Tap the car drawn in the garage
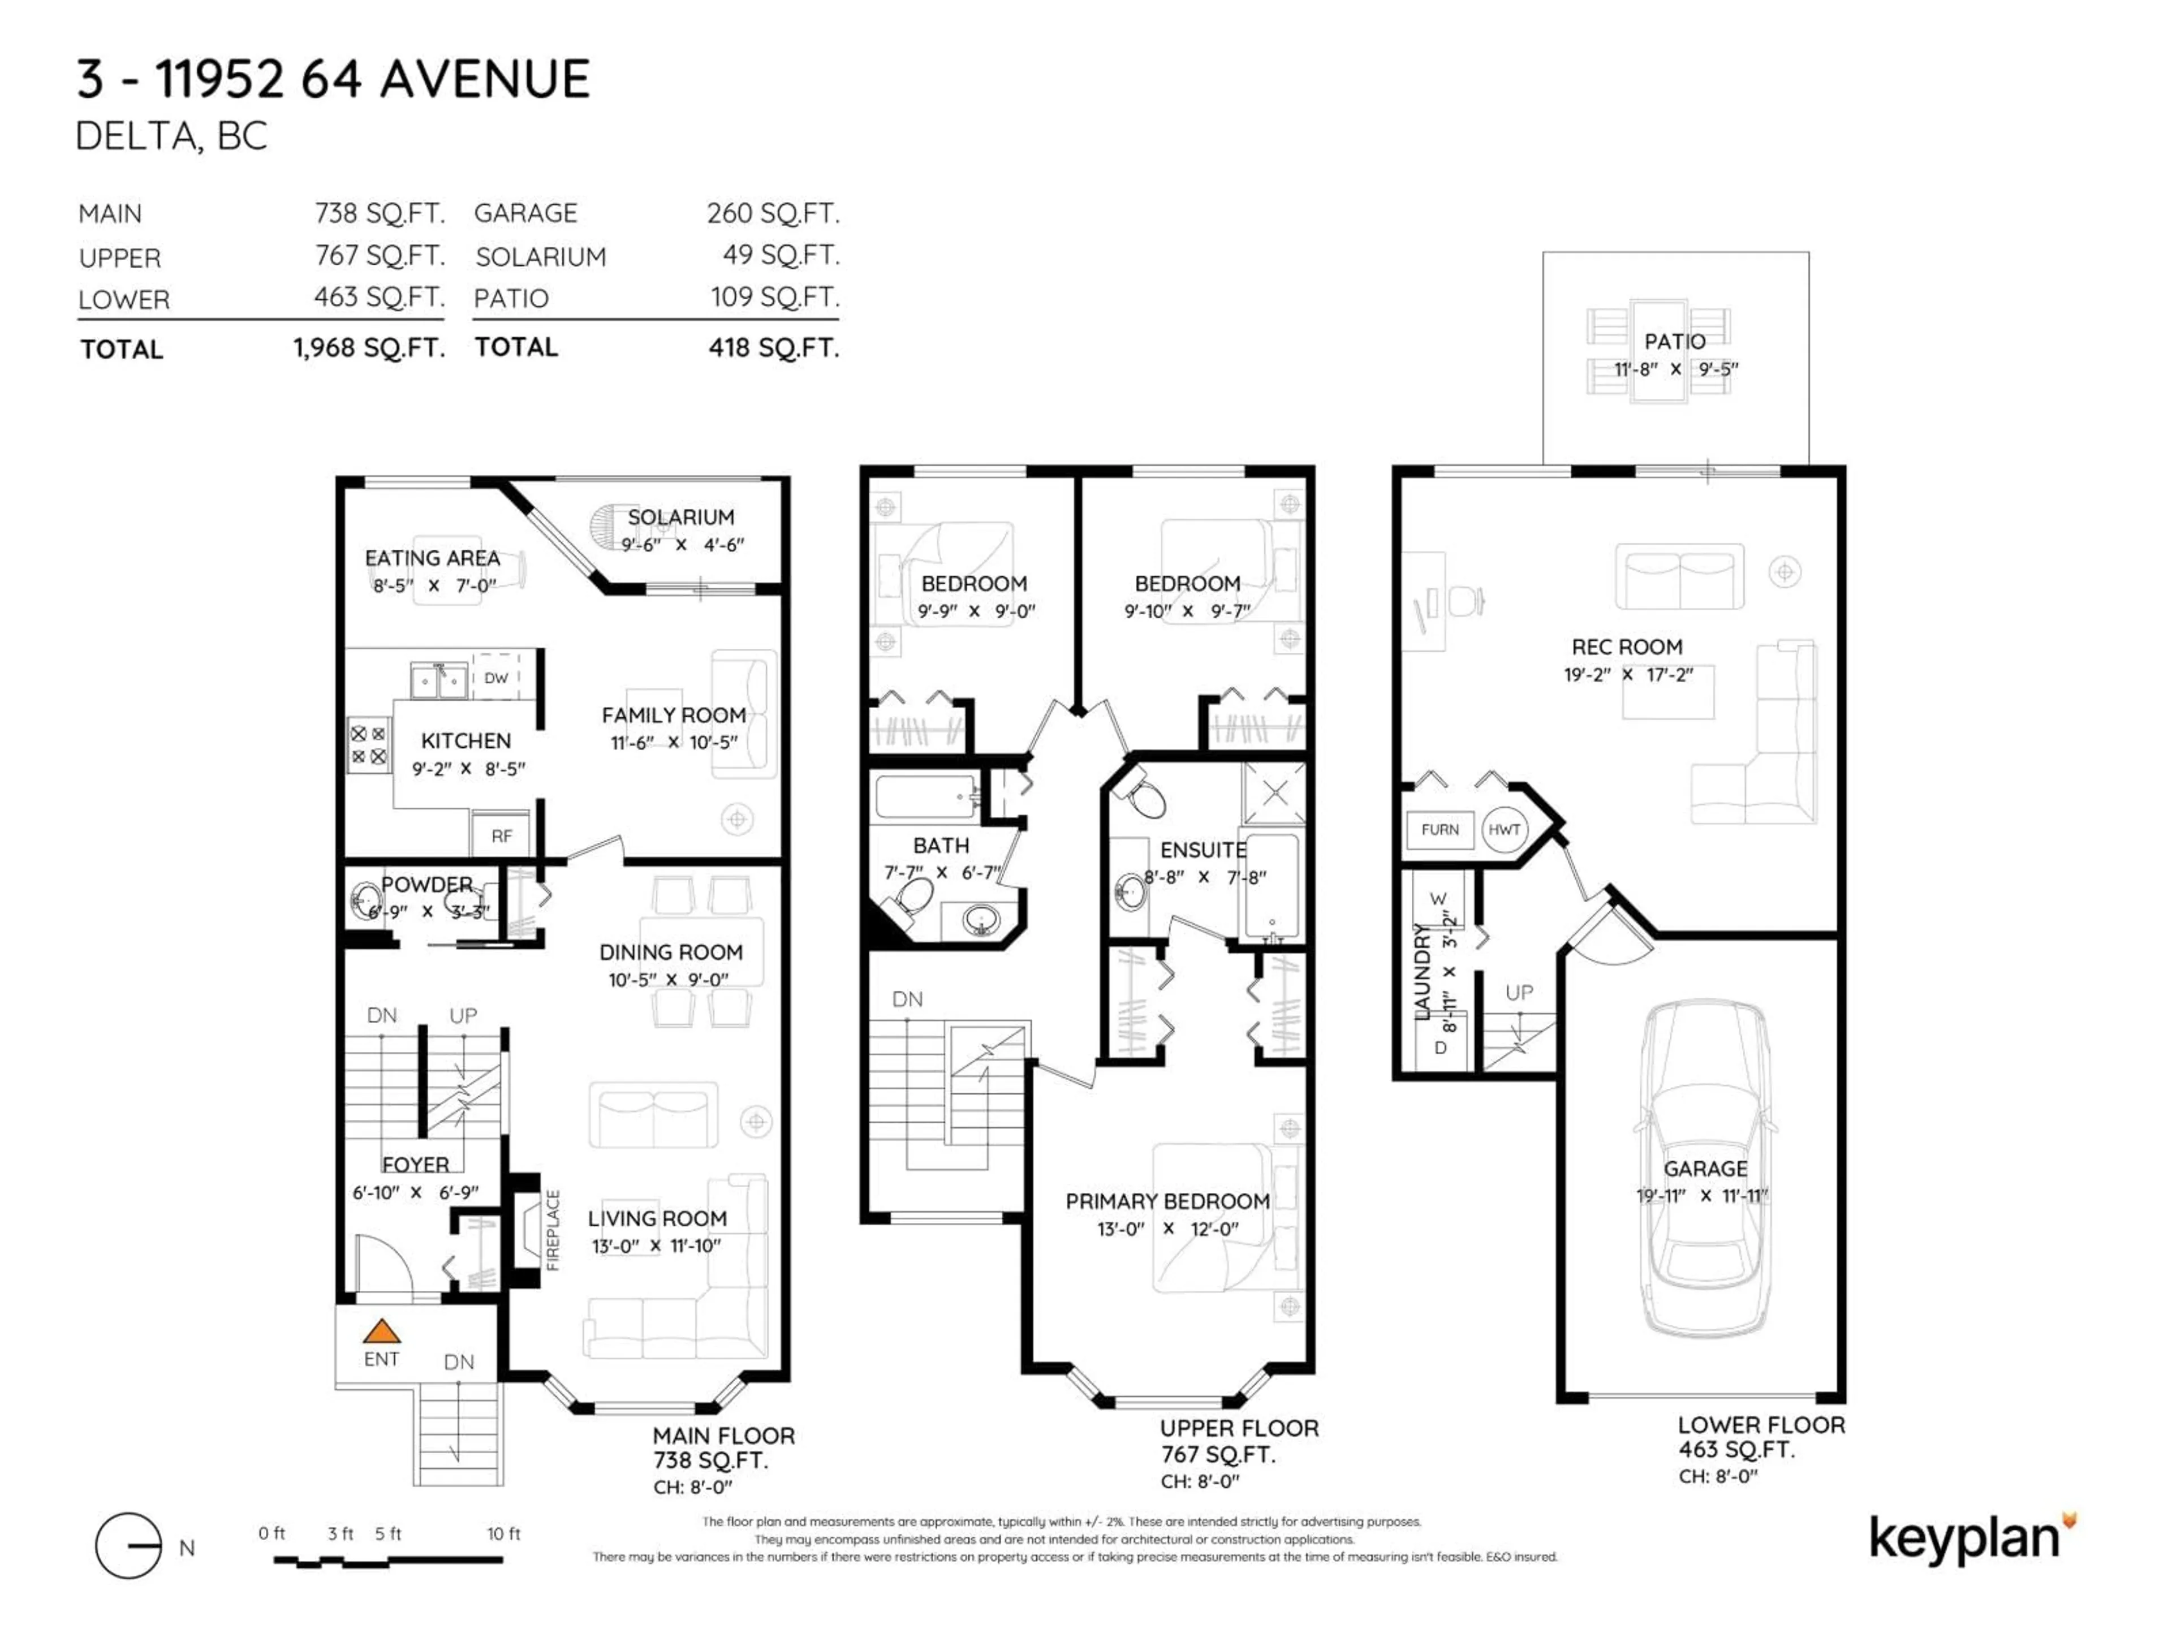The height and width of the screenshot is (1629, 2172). (x=1705, y=1169)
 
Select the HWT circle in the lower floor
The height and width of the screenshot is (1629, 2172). (x=1503, y=830)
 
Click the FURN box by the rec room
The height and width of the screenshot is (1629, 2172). (x=1440, y=830)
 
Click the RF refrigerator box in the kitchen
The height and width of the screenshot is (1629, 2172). (x=502, y=835)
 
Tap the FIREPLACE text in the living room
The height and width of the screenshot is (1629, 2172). (x=553, y=1230)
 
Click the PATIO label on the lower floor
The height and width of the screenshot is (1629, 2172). (x=1674, y=342)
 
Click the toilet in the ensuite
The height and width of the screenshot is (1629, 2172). (x=1143, y=795)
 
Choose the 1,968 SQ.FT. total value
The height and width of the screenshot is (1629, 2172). (x=369, y=348)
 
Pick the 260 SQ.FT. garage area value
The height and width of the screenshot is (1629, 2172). (x=773, y=213)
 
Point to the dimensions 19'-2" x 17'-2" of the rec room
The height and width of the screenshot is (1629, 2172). (x=1628, y=675)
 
